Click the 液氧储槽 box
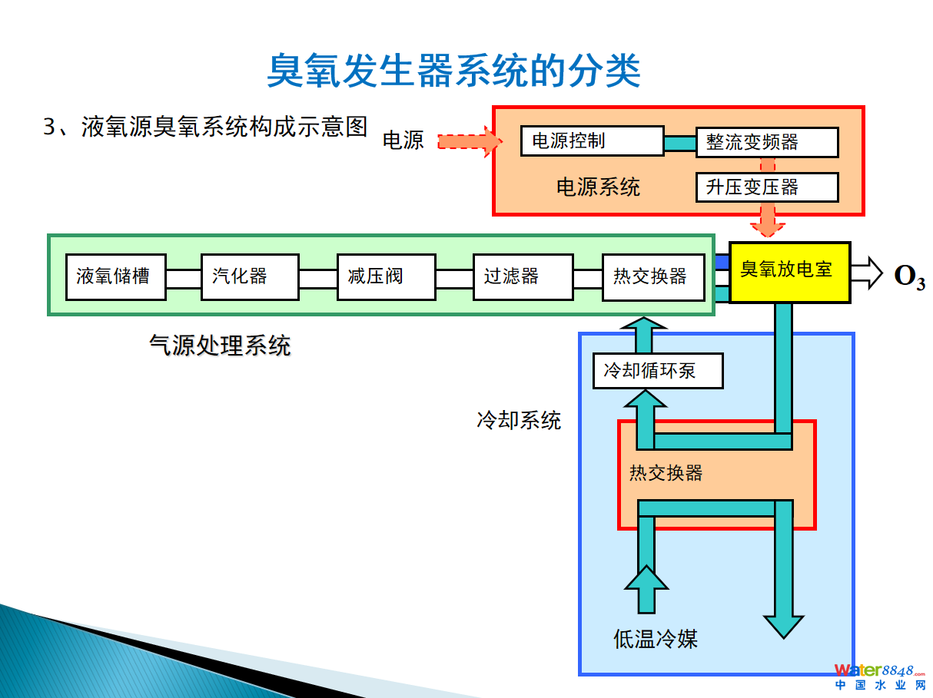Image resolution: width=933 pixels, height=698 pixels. point(115,276)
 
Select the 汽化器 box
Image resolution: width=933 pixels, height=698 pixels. point(250,276)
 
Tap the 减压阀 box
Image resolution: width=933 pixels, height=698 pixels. point(386,276)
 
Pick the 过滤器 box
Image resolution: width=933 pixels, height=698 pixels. point(523,276)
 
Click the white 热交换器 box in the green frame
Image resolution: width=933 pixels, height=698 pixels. point(653,276)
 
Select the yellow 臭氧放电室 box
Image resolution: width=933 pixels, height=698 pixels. point(789,272)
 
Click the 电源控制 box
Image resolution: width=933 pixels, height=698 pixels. point(592,141)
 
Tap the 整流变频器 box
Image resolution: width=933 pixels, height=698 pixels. point(767,143)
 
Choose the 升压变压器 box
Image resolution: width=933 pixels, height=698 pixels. point(767,187)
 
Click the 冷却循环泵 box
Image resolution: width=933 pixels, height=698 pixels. point(658,372)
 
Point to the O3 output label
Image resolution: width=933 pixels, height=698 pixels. point(909,276)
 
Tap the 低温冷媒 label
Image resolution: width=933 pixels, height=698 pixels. point(655,639)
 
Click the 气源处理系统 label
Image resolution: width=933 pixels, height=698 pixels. point(220,346)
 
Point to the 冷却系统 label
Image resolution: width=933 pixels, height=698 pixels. point(520,420)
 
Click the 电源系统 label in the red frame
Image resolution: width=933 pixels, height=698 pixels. point(598,187)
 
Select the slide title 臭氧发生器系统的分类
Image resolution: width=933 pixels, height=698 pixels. point(453,71)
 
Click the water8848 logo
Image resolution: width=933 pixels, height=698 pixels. point(880,676)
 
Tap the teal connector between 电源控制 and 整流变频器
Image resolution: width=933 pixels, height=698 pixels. point(680,143)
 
